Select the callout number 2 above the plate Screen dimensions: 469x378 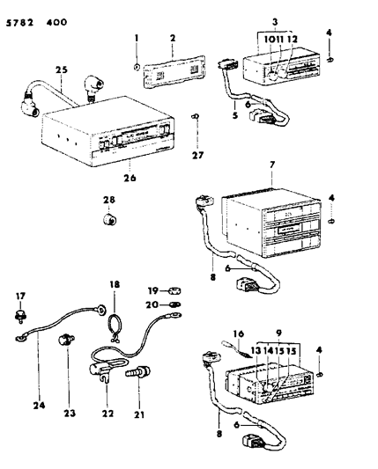tap(174, 40)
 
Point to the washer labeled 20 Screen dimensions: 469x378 tap(175, 305)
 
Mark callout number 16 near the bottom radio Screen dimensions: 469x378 tap(236, 334)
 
